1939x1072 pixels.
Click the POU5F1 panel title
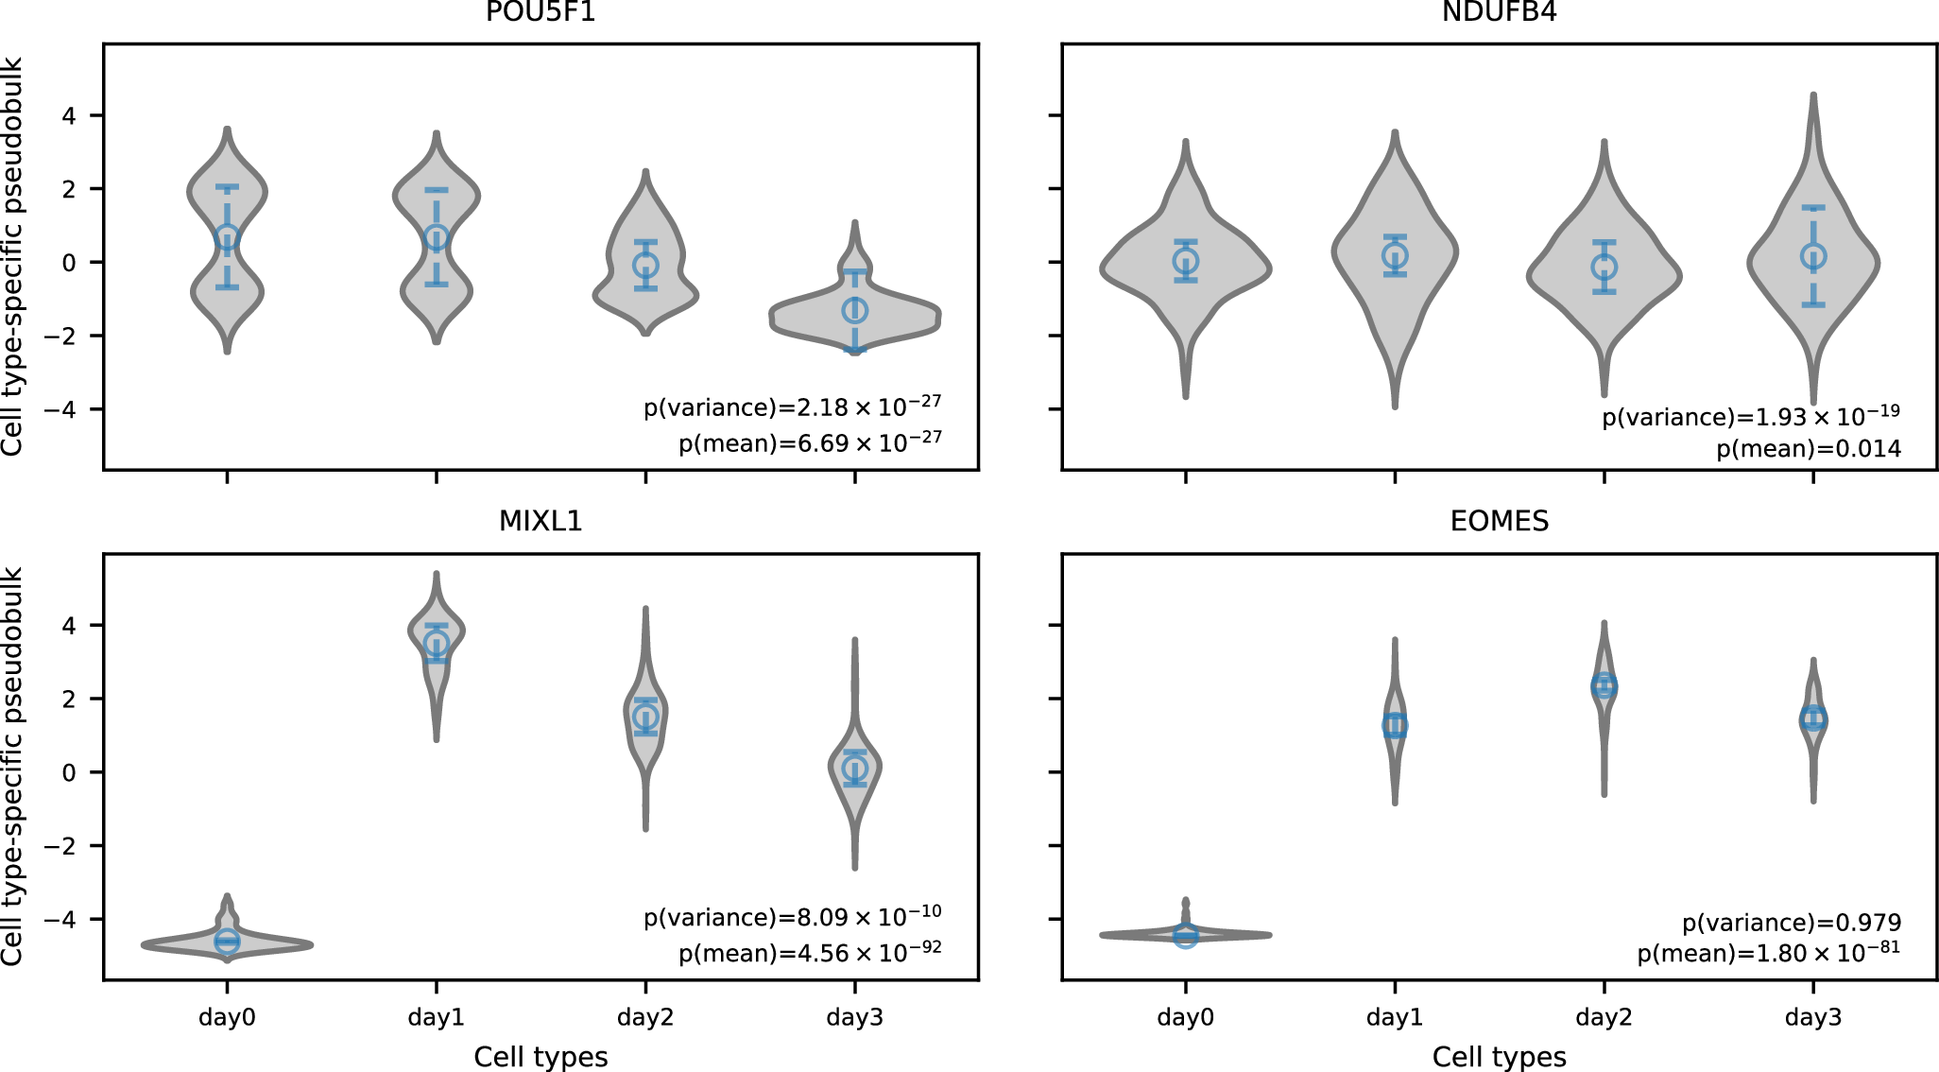(541, 11)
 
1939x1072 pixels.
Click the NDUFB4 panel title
(1499, 11)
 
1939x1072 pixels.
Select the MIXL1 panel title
(541, 521)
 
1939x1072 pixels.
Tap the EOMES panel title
(1499, 521)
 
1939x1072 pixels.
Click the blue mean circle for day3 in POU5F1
(854, 310)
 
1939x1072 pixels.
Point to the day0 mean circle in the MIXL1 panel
(227, 942)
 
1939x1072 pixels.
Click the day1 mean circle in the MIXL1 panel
(436, 644)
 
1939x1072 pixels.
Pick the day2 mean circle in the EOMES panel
(1604, 686)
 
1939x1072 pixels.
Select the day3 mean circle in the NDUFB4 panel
(1812, 256)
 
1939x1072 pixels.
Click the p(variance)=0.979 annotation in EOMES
(1792, 923)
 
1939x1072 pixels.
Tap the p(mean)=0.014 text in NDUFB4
(1809, 449)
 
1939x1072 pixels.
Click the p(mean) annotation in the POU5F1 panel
(810, 442)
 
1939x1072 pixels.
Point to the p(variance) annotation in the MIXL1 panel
(792, 917)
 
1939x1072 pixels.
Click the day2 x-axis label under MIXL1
(645, 1017)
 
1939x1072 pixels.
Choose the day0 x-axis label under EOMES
(1185, 1017)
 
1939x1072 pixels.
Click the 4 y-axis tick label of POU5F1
(69, 115)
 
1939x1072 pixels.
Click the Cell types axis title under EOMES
(1499, 1057)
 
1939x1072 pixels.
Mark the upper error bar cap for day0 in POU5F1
(227, 187)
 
